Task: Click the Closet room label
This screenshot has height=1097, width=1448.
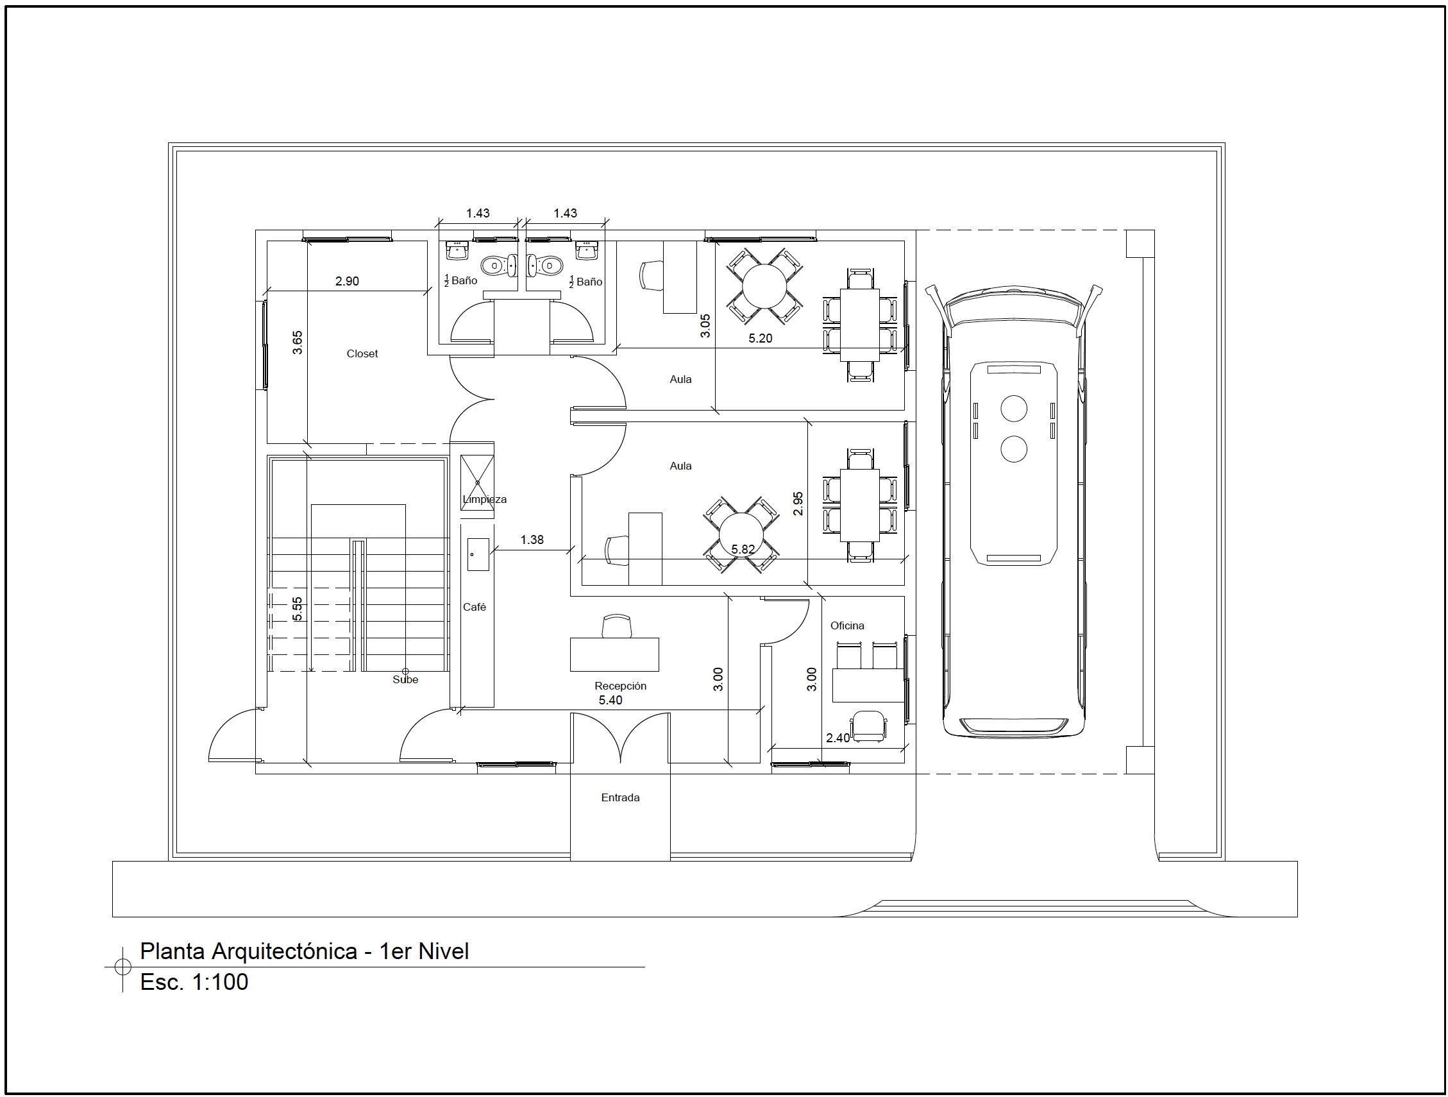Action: [362, 353]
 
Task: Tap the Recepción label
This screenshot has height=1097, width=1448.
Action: [620, 686]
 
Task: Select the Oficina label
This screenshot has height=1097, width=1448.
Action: [847, 625]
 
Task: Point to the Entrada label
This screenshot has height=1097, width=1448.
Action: [620, 797]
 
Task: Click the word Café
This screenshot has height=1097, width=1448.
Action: [475, 607]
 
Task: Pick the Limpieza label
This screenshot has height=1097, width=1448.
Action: [484, 499]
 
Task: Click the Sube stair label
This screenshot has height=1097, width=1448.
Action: [405, 680]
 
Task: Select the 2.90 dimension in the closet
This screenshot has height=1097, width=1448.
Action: [347, 281]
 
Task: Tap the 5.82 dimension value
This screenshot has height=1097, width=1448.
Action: [743, 550]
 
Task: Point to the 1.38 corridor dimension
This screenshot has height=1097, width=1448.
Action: [532, 540]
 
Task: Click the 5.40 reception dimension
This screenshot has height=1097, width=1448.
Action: [610, 700]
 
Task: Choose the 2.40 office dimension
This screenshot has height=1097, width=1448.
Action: [838, 738]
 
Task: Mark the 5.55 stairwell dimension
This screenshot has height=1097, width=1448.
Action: [298, 608]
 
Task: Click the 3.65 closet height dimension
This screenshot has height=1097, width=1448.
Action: [298, 343]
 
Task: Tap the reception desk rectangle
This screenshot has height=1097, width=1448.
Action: [614, 654]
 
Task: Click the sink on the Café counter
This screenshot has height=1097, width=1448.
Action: [478, 554]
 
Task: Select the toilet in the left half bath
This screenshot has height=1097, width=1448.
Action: [500, 265]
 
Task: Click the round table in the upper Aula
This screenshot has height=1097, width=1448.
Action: [764, 285]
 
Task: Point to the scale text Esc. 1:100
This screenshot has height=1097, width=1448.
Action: [194, 982]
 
